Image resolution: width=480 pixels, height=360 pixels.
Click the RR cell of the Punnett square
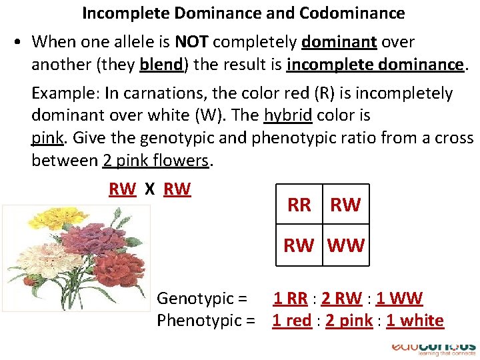[299, 205]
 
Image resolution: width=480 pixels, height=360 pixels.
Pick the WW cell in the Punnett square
[346, 245]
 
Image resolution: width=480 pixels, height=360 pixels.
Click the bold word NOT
[192, 42]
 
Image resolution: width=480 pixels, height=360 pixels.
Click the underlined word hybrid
[288, 115]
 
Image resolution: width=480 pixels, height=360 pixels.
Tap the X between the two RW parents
[150, 189]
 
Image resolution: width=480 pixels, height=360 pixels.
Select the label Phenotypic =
[206, 321]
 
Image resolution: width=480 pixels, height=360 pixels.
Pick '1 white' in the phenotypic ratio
[415, 321]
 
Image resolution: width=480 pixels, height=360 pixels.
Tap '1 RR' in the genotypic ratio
[291, 299]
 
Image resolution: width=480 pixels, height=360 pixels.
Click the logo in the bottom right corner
[433, 348]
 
